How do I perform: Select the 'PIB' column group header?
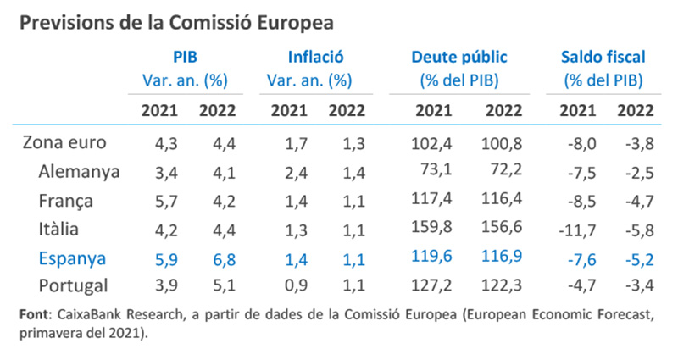pyautogui.click(x=186, y=58)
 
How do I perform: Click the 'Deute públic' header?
pyautogui.click(x=458, y=58)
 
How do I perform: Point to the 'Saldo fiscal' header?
pyautogui.click(x=603, y=58)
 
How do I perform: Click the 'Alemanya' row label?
pyautogui.click(x=80, y=171)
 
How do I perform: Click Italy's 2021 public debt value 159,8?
pyautogui.click(x=434, y=228)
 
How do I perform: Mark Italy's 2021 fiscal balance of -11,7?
pyautogui.click(x=576, y=228)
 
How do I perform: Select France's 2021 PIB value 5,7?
pyautogui.click(x=158, y=200)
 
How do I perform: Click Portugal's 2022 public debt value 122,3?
pyautogui.click(x=499, y=286)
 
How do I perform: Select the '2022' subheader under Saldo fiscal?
pyautogui.click(x=636, y=108)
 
